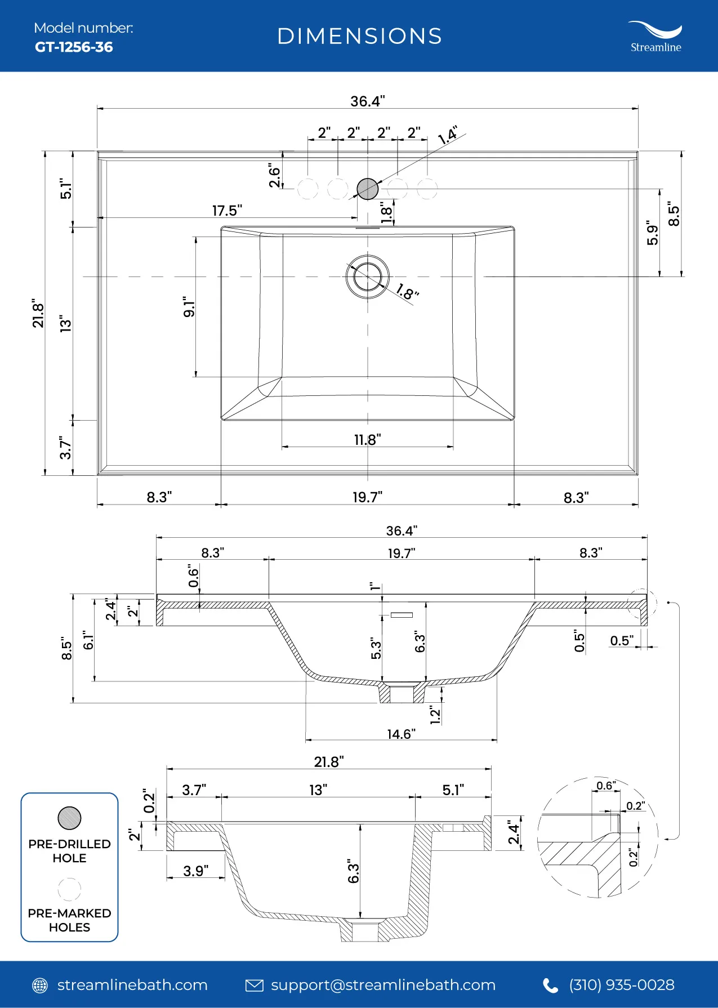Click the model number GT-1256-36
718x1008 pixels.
pyautogui.click(x=74, y=47)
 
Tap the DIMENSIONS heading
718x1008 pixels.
pyautogui.click(x=360, y=37)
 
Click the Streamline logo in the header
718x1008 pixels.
pyautogui.click(x=655, y=37)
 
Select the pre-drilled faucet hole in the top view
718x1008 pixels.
pyautogui.click(x=368, y=189)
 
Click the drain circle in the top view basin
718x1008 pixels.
pyautogui.click(x=368, y=276)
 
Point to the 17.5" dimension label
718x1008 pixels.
pyautogui.click(x=227, y=211)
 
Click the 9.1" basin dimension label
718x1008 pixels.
pyautogui.click(x=189, y=307)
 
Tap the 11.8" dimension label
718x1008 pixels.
pyautogui.click(x=368, y=439)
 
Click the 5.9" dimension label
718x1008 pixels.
pyautogui.click(x=653, y=233)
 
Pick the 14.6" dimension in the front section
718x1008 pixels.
pyautogui.click(x=402, y=734)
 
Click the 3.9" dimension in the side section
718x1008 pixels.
pyautogui.click(x=196, y=871)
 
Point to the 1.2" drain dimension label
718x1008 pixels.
pyautogui.click(x=435, y=715)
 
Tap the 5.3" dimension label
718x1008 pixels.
pyautogui.click(x=376, y=648)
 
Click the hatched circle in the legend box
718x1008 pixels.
pyautogui.click(x=69, y=818)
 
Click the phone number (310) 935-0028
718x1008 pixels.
pyautogui.click(x=622, y=985)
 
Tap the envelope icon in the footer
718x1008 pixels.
pyautogui.click(x=255, y=985)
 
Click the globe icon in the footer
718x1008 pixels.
pyautogui.click(x=40, y=985)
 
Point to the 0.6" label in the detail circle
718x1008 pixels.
pyautogui.click(x=606, y=786)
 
